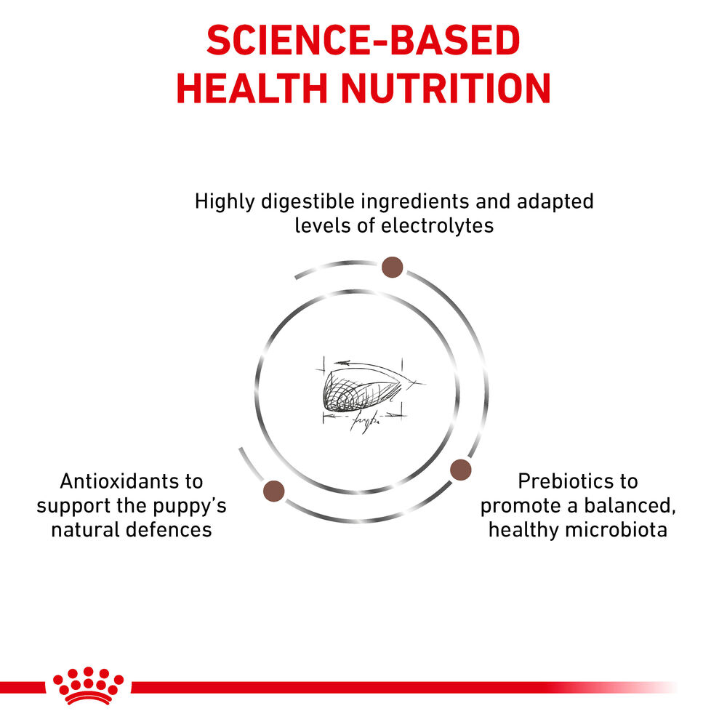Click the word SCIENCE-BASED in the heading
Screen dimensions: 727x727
(363, 41)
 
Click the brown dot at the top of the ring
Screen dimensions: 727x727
(393, 268)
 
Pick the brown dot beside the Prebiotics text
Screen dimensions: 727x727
(460, 470)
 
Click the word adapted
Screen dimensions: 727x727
(553, 201)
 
